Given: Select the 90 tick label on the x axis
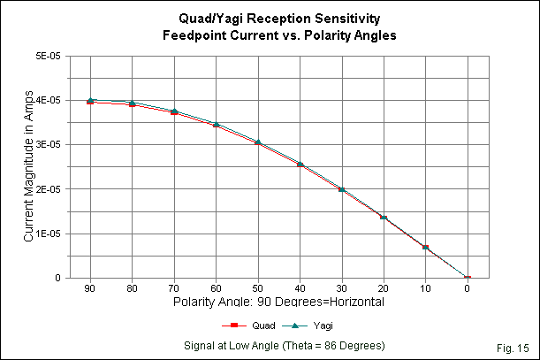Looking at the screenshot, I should coord(90,288).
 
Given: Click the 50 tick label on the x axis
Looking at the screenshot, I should coord(257,288).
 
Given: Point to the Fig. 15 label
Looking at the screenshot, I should coord(513,343).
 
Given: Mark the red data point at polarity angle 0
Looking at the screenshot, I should coord(468,278).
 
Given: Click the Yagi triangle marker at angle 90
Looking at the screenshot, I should coord(90,100).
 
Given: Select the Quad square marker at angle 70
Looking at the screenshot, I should coord(174,113).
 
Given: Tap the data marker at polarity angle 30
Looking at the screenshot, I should coord(342,188).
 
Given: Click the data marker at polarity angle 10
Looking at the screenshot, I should coord(425,248).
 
